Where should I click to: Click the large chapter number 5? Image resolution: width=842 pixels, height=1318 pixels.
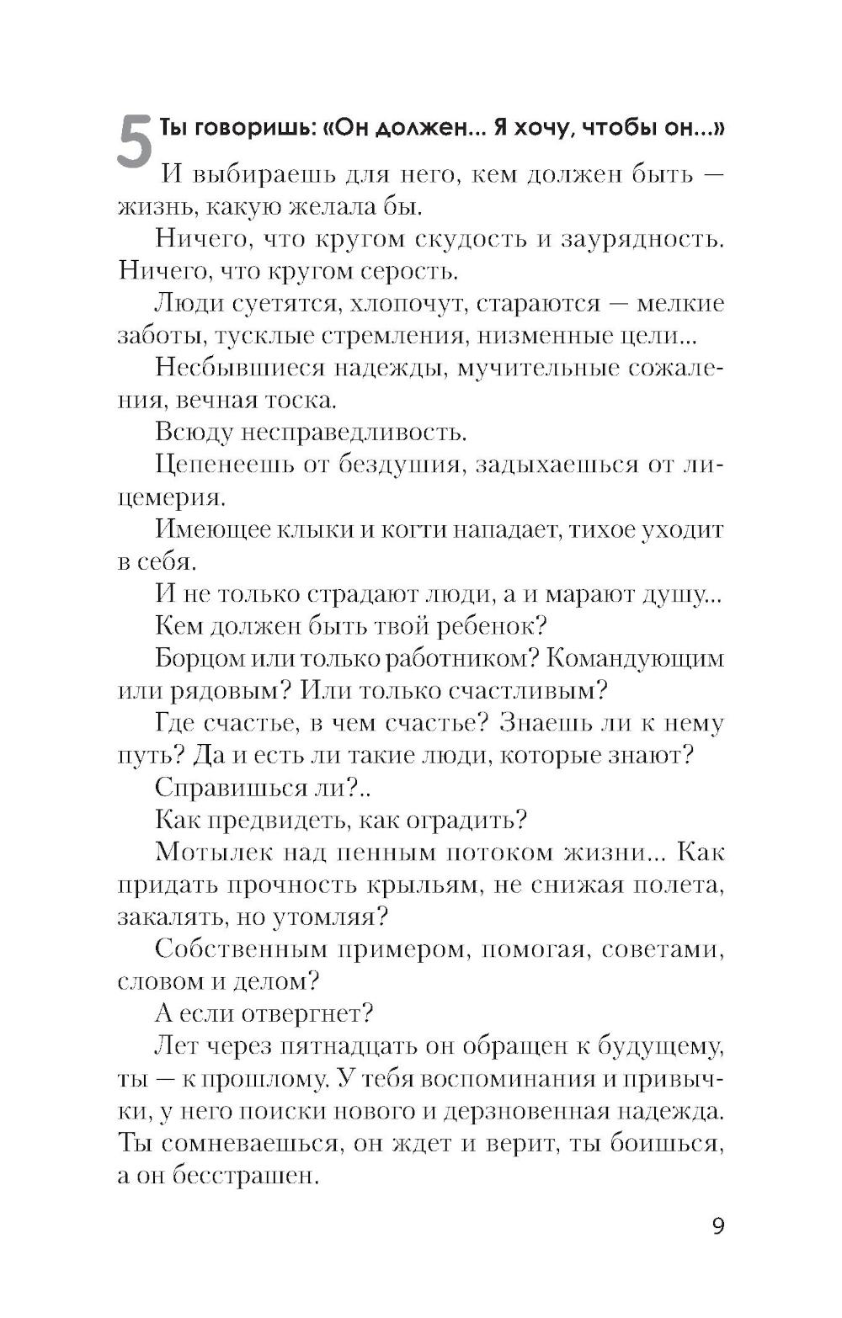tap(135, 144)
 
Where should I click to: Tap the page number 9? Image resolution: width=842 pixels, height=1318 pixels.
tap(717, 1225)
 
